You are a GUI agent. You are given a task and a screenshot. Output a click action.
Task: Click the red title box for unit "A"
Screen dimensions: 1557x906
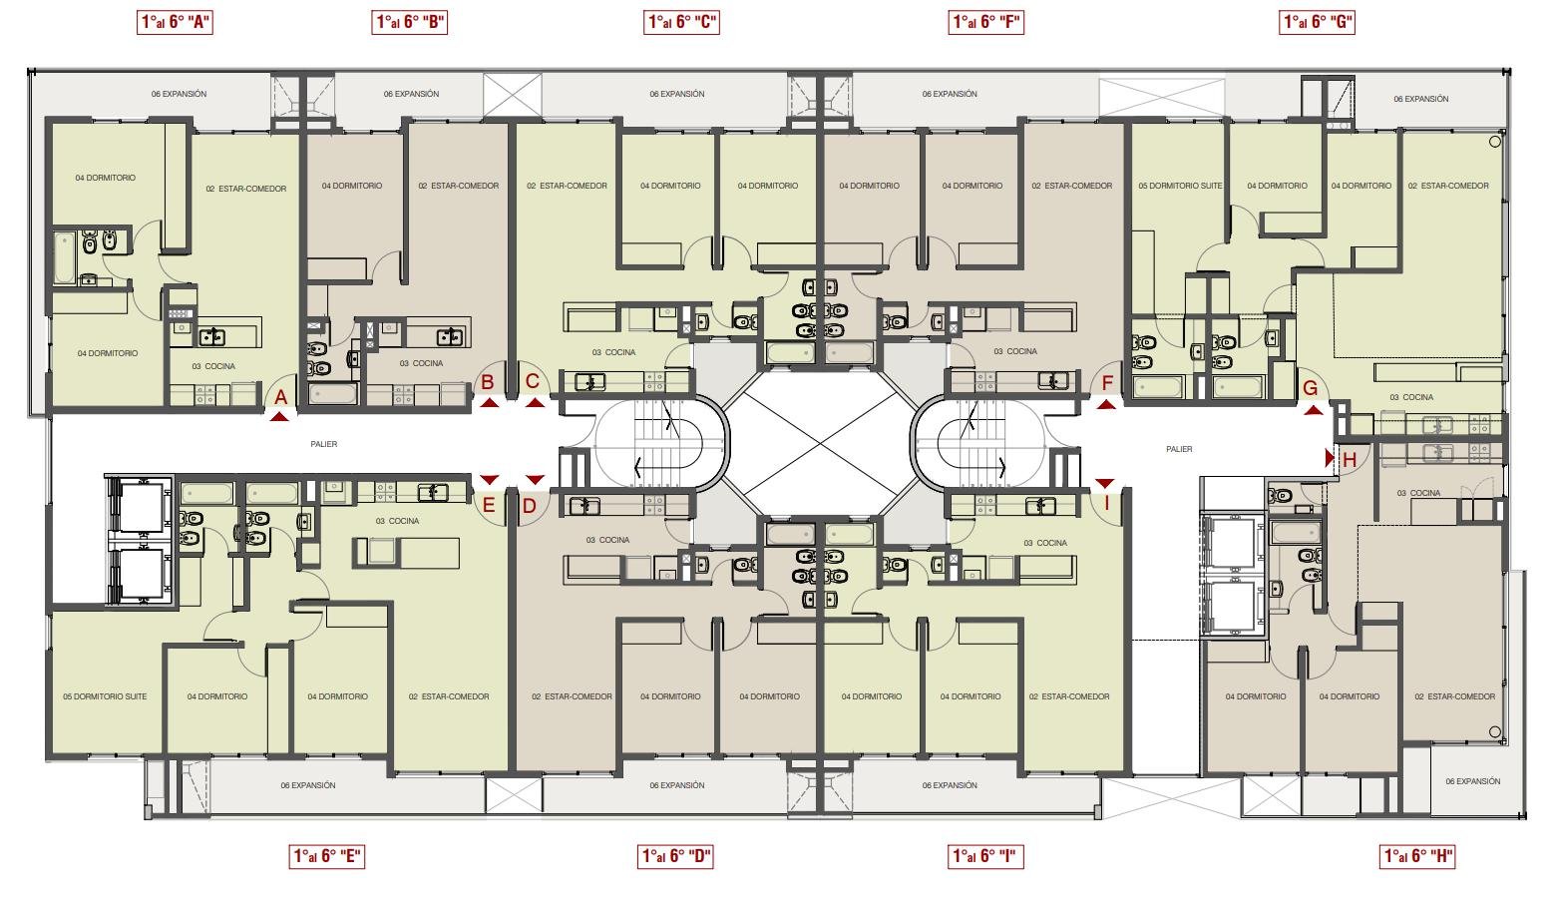pyautogui.click(x=175, y=22)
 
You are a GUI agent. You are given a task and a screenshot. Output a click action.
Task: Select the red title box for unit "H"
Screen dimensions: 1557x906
pyautogui.click(x=1417, y=856)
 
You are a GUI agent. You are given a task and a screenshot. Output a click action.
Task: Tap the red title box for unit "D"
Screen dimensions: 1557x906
pyautogui.click(x=675, y=856)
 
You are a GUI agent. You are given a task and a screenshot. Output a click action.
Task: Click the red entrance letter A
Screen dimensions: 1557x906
pyautogui.click(x=281, y=397)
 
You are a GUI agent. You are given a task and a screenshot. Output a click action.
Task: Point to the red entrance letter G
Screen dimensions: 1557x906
pyautogui.click(x=1311, y=388)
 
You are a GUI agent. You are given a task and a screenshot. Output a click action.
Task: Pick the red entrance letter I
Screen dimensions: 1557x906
pyautogui.click(x=1106, y=502)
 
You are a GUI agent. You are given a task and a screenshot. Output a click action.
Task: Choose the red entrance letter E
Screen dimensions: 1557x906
pyautogui.click(x=489, y=506)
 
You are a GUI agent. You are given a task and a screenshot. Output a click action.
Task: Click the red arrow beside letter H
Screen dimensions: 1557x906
pyautogui.click(x=1330, y=458)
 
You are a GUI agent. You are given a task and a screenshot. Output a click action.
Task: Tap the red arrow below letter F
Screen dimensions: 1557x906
pyautogui.click(x=1106, y=404)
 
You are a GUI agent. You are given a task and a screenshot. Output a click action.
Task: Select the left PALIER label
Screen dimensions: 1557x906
pyautogui.click(x=324, y=444)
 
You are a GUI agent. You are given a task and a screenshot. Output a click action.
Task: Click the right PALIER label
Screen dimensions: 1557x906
pyautogui.click(x=1179, y=449)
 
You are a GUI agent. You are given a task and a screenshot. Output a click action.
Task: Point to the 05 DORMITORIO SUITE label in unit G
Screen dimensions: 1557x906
pyautogui.click(x=1180, y=186)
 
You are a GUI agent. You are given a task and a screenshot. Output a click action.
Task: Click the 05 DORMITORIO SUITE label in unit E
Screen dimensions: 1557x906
pyautogui.click(x=105, y=696)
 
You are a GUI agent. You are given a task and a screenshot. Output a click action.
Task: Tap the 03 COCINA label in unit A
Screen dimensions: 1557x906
pyautogui.click(x=214, y=366)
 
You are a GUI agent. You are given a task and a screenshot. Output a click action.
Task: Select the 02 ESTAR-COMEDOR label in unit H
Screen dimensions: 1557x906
pyautogui.click(x=1455, y=696)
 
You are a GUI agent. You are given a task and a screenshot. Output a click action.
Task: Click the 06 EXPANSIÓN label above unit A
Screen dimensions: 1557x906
pyautogui.click(x=180, y=94)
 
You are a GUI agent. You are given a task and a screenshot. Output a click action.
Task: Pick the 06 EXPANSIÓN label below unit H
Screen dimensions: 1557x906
pyautogui.click(x=1473, y=781)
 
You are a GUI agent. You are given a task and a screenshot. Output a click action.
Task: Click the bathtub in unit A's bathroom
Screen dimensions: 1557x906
pyautogui.click(x=64, y=257)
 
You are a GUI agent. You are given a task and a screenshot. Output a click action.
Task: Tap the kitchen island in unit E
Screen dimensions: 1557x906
pyautogui.click(x=407, y=553)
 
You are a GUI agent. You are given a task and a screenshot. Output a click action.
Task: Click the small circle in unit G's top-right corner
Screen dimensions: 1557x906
pyautogui.click(x=1494, y=142)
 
